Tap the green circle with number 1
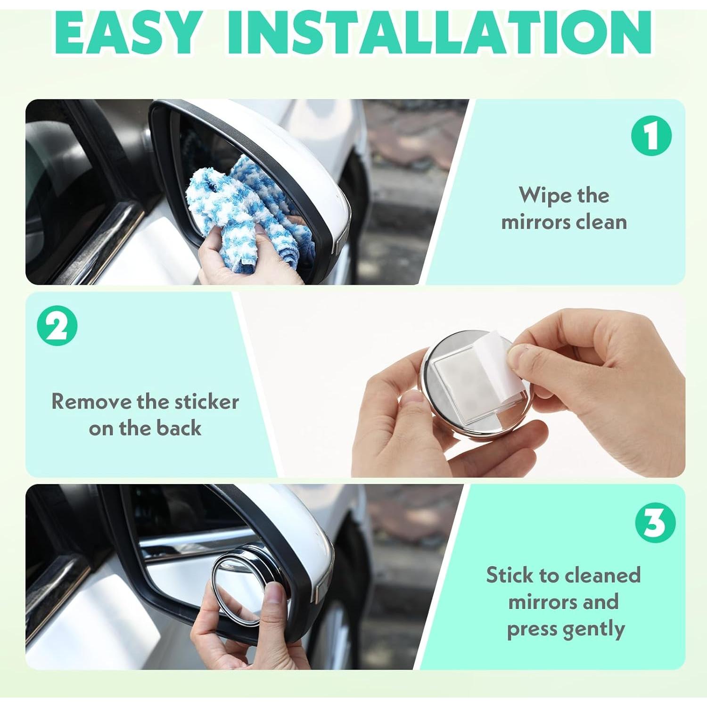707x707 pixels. pos(651,136)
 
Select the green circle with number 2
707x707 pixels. pos(57,326)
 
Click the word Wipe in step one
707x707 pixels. pos(541,195)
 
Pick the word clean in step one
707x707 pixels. pos(601,222)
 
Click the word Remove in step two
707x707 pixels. pos(91,402)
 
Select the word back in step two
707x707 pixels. pos(179,428)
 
